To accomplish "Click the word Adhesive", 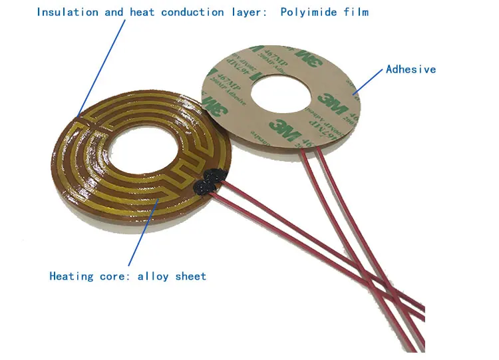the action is point(411,69).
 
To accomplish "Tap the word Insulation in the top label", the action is point(65,12).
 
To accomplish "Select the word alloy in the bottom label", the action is point(154,276).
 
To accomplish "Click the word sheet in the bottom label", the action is point(191,276).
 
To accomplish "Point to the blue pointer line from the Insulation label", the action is point(100,67).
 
